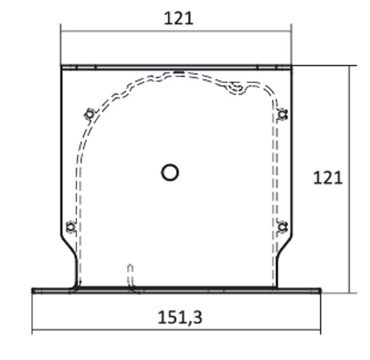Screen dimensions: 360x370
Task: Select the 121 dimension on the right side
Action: pyautogui.click(x=327, y=177)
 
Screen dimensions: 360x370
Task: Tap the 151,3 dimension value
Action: pyautogui.click(x=177, y=317)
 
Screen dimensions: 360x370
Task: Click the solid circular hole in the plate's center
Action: pyautogui.click(x=169, y=172)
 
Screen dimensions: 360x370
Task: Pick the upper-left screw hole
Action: pyautogui.click(x=90, y=115)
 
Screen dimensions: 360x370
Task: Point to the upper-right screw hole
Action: pyautogui.click(x=282, y=114)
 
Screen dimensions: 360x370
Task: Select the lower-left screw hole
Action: pyautogui.click(x=71, y=227)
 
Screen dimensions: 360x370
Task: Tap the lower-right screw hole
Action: pyautogui.click(x=282, y=226)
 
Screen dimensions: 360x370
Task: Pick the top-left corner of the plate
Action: pyautogui.click(x=62, y=66)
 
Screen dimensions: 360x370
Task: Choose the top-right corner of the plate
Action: pyautogui.click(x=291, y=66)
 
